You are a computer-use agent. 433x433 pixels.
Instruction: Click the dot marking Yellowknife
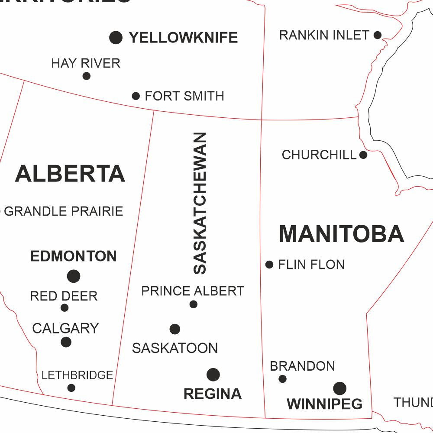tap(116, 38)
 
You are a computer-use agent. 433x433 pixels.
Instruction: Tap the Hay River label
tap(86, 63)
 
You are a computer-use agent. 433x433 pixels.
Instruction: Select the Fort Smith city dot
tap(136, 96)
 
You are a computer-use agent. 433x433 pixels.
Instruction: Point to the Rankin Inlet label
tap(324, 35)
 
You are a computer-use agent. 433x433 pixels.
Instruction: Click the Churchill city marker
tap(363, 155)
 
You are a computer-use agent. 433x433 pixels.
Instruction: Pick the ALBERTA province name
tap(70, 174)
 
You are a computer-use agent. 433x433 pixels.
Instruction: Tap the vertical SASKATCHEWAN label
tap(200, 204)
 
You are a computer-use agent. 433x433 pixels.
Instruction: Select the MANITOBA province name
tap(341, 234)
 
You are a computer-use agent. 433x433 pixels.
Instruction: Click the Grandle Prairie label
tap(64, 211)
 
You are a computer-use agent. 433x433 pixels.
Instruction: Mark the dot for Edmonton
tap(74, 276)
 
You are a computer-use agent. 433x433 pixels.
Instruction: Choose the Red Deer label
tap(64, 296)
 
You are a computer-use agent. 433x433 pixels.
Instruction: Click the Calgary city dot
tap(66, 342)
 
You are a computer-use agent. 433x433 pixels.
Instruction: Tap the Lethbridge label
tap(77, 375)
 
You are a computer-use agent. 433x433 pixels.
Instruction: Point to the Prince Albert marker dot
tap(194, 304)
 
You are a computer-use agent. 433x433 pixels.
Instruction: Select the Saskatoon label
tap(175, 348)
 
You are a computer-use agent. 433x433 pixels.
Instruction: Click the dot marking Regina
tap(213, 375)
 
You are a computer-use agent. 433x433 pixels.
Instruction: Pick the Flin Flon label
tap(311, 265)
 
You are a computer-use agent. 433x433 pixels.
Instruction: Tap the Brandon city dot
tap(282, 379)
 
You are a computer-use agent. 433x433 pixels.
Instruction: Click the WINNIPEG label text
tap(324, 404)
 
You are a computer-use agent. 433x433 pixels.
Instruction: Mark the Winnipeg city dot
tap(340, 388)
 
